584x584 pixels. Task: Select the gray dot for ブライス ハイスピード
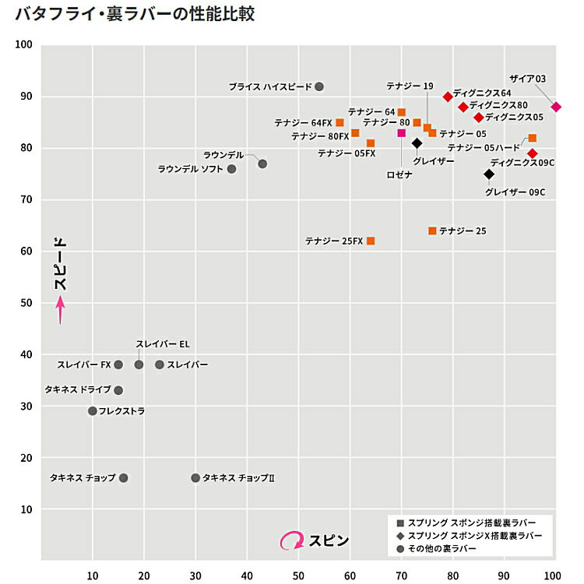[319, 86]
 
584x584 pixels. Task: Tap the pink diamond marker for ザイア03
[556, 107]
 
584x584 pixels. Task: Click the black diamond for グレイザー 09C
[489, 174]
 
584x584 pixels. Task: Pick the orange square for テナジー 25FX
[371, 241]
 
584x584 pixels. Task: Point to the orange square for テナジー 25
[432, 230]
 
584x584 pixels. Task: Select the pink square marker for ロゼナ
[402, 132]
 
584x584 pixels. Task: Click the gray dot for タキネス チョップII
[195, 478]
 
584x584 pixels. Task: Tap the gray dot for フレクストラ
[93, 411]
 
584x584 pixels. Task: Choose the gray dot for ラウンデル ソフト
[231, 169]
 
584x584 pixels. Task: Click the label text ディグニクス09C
[522, 164]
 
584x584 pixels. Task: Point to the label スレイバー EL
[162, 344]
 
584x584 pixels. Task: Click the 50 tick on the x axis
[298, 575]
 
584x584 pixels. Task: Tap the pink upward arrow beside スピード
[61, 311]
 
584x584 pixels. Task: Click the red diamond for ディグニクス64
[448, 97]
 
